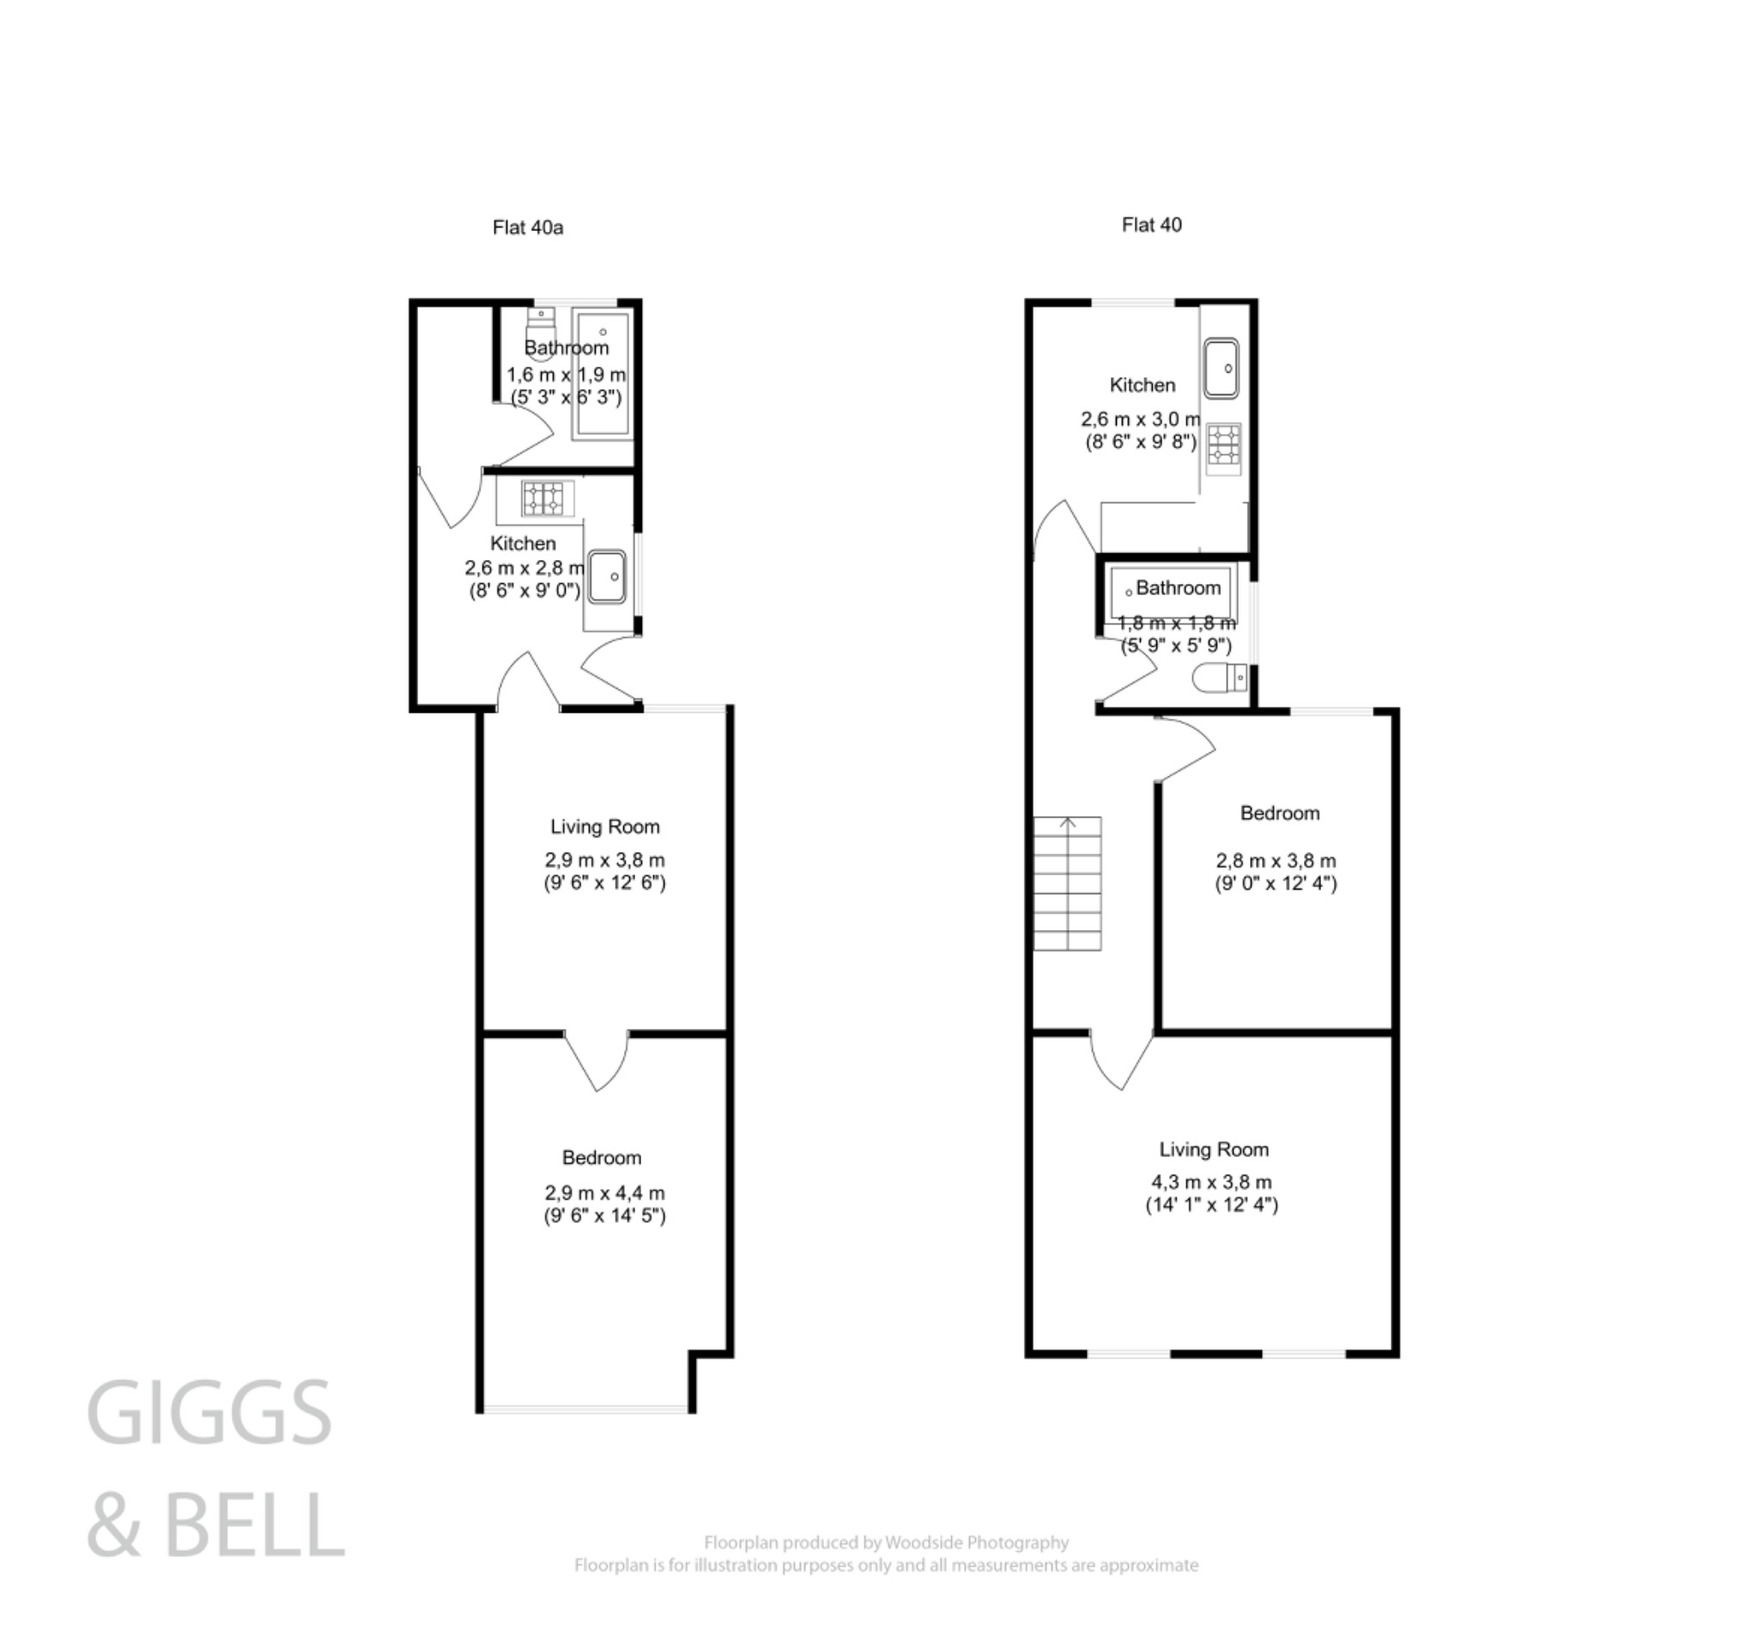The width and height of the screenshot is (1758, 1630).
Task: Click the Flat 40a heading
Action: [527, 228]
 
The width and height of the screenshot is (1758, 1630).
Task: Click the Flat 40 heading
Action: [1150, 225]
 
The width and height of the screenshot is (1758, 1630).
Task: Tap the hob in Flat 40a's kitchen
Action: [543, 498]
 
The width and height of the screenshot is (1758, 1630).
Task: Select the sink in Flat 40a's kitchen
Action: [607, 577]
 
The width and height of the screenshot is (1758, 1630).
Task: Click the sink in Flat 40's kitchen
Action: [1222, 368]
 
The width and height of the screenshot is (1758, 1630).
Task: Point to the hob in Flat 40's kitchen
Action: [1224, 444]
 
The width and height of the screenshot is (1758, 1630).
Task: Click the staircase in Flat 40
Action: [1067, 883]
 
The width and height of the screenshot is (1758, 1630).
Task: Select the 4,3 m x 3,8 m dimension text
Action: [1211, 1182]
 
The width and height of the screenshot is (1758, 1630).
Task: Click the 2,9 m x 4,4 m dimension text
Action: [604, 1193]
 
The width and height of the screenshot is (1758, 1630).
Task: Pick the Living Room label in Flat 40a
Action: [605, 826]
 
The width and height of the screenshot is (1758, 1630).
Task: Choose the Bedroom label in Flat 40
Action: [1279, 813]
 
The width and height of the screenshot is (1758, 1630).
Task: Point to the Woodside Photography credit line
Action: [885, 1542]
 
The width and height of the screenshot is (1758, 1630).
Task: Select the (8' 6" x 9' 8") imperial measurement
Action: [1141, 442]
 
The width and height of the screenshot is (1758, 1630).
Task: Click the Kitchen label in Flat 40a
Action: [523, 544]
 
